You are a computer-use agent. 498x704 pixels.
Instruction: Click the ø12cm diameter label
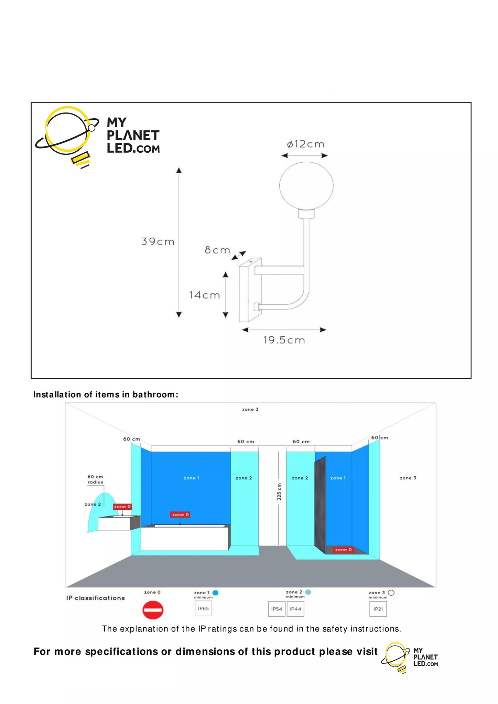click(305, 144)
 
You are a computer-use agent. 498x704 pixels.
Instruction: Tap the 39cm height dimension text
click(158, 242)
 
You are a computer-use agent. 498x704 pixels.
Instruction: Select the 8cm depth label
click(217, 250)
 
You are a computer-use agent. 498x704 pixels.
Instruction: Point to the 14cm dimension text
click(204, 295)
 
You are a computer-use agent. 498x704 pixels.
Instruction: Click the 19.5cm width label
click(284, 340)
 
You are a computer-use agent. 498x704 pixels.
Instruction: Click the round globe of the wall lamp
click(306, 186)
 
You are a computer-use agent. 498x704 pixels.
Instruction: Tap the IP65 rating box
click(203, 608)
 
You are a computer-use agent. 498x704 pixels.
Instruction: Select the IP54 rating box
click(277, 609)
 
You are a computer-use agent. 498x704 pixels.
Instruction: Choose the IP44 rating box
click(295, 609)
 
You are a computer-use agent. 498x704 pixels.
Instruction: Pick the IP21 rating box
click(378, 609)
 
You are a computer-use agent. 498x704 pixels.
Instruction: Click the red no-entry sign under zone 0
click(153, 610)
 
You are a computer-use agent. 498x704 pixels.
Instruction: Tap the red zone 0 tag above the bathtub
click(180, 515)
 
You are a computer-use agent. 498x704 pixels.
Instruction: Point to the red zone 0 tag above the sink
click(122, 507)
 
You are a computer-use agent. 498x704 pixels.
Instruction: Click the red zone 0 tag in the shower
click(343, 550)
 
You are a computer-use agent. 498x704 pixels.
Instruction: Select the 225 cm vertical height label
click(279, 492)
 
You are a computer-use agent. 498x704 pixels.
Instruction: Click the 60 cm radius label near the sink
click(95, 479)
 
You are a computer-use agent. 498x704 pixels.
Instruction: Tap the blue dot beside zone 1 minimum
click(215, 593)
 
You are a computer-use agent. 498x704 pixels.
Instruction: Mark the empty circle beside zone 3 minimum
click(391, 593)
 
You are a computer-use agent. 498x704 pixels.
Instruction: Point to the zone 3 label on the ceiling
click(250, 409)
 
